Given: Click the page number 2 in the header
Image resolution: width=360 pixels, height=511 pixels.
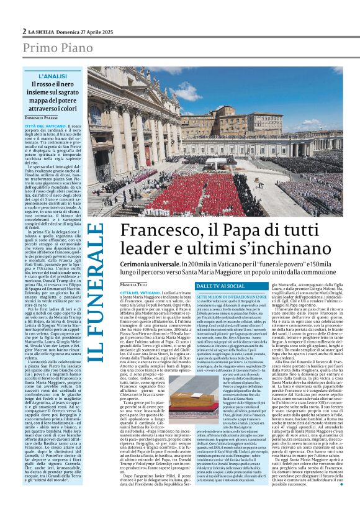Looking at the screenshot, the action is [x=24, y=31].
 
